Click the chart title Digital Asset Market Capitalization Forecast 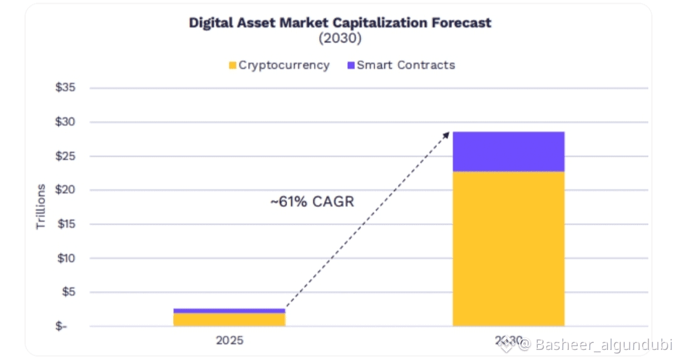click(340, 23)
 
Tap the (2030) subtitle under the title click(340, 38)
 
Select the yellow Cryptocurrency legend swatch click(233, 65)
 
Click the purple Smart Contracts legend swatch click(350, 65)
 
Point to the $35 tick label click(65, 88)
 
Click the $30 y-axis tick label click(65, 122)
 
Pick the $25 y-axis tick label click(65, 156)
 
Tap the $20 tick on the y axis click(65, 190)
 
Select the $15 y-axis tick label click(65, 224)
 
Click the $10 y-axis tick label click(65, 258)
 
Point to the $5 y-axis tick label click(68, 292)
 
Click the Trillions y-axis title click(41, 206)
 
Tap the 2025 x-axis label click(229, 341)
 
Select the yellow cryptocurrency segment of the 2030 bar click(508, 248)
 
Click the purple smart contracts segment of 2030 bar click(508, 151)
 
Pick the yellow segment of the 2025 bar click(229, 319)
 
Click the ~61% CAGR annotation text click(312, 203)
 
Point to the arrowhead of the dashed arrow click(448, 134)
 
